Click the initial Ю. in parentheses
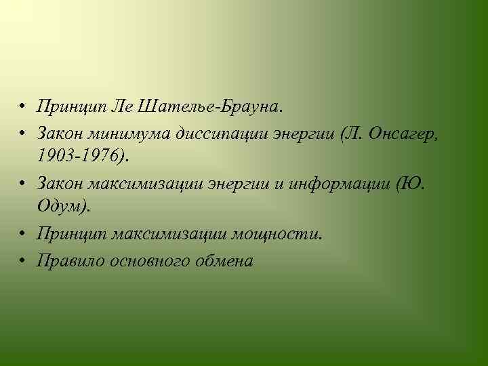(x=413, y=184)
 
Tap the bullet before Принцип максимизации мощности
(x=22, y=234)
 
